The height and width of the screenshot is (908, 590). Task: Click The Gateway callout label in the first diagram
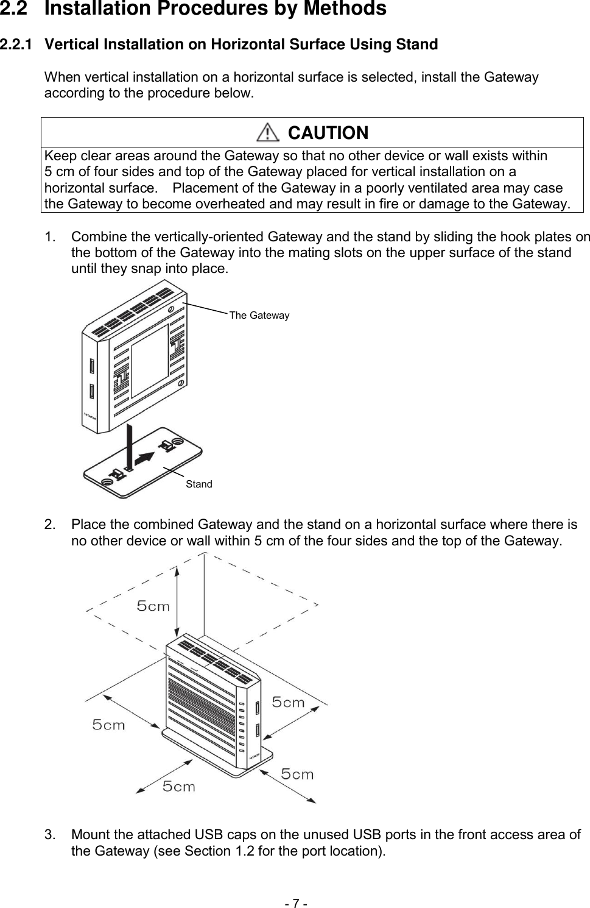259,315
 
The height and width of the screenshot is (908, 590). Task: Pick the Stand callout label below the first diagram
198,484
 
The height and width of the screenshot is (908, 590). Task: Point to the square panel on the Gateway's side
150,360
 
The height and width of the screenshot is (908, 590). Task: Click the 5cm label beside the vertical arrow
153,606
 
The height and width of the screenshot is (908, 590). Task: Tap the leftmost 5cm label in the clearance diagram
108,725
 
